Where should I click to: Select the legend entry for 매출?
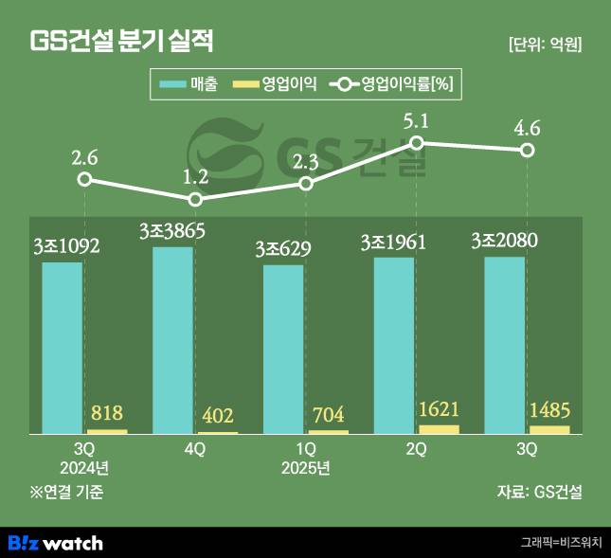tap(190, 85)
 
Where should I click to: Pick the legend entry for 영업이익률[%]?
tap(392, 85)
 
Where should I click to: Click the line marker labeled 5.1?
tap(416, 142)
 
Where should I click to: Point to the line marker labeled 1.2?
tap(195, 199)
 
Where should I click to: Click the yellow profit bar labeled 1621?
tap(439, 429)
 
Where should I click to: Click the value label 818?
tap(106, 413)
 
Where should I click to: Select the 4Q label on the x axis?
tap(194, 451)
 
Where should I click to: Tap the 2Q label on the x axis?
tap(416, 451)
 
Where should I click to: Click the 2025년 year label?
tap(305, 468)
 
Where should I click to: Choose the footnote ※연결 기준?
tap(66, 492)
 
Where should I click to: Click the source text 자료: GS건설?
tap(539, 492)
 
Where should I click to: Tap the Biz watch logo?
tap(55, 543)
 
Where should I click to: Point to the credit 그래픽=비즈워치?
tap(561, 543)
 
